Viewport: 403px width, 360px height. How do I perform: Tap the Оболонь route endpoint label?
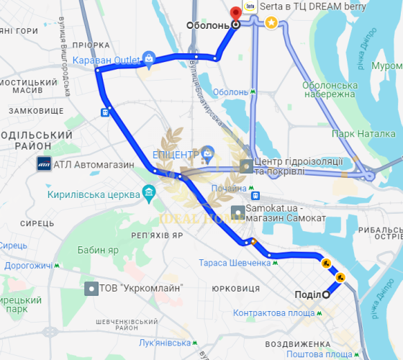(x=207, y=25)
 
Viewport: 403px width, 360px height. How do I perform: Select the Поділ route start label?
(x=307, y=294)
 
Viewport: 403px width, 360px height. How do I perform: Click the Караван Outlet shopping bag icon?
(x=148, y=58)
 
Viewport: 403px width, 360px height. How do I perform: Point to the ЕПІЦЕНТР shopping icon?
(x=207, y=153)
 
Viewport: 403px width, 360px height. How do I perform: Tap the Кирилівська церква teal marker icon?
(x=149, y=193)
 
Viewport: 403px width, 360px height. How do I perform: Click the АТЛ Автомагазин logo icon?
(x=43, y=164)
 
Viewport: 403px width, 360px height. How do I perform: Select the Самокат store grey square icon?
(x=237, y=212)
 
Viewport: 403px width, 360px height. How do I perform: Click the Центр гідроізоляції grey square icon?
(x=246, y=166)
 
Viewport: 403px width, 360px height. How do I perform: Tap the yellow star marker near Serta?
(x=271, y=22)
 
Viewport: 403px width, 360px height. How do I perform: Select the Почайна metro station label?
(x=229, y=189)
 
